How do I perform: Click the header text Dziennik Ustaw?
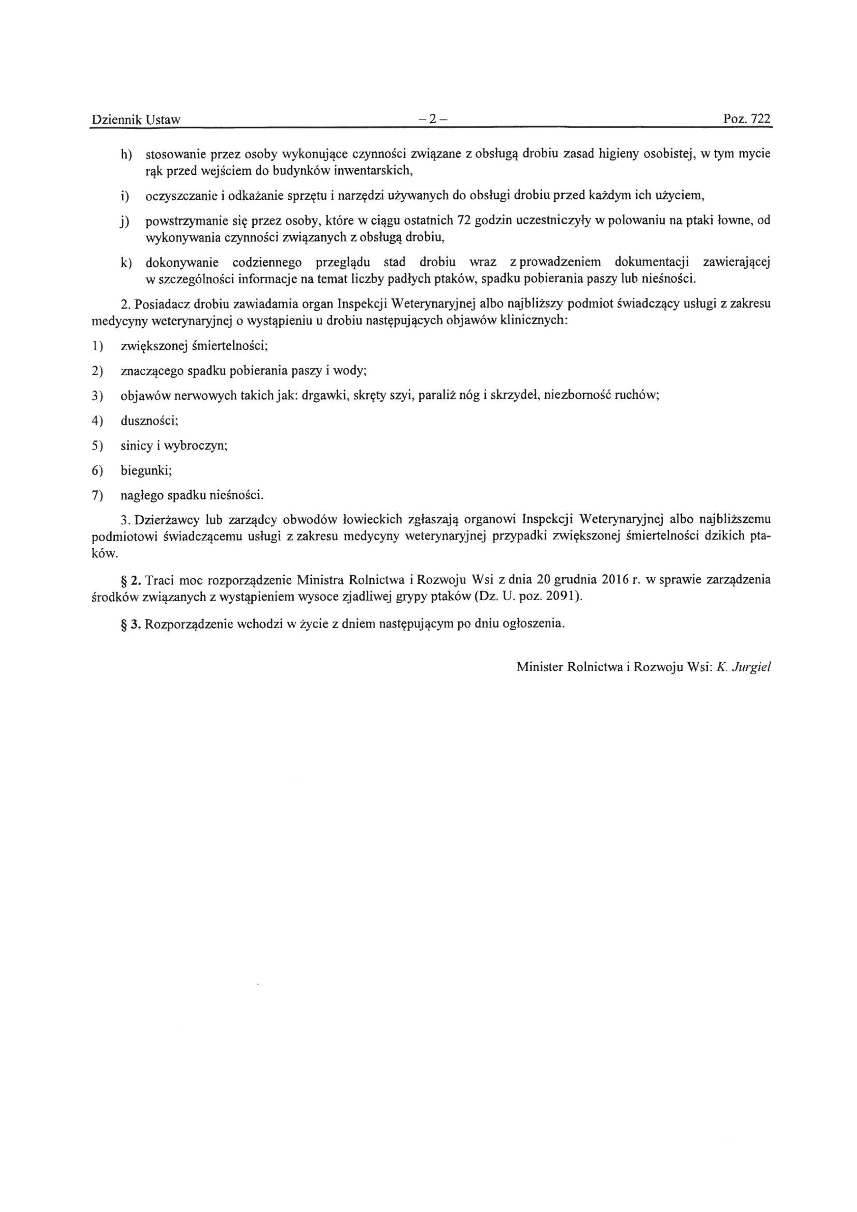point(136,120)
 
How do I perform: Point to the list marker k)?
point(126,262)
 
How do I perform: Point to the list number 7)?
point(97,496)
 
